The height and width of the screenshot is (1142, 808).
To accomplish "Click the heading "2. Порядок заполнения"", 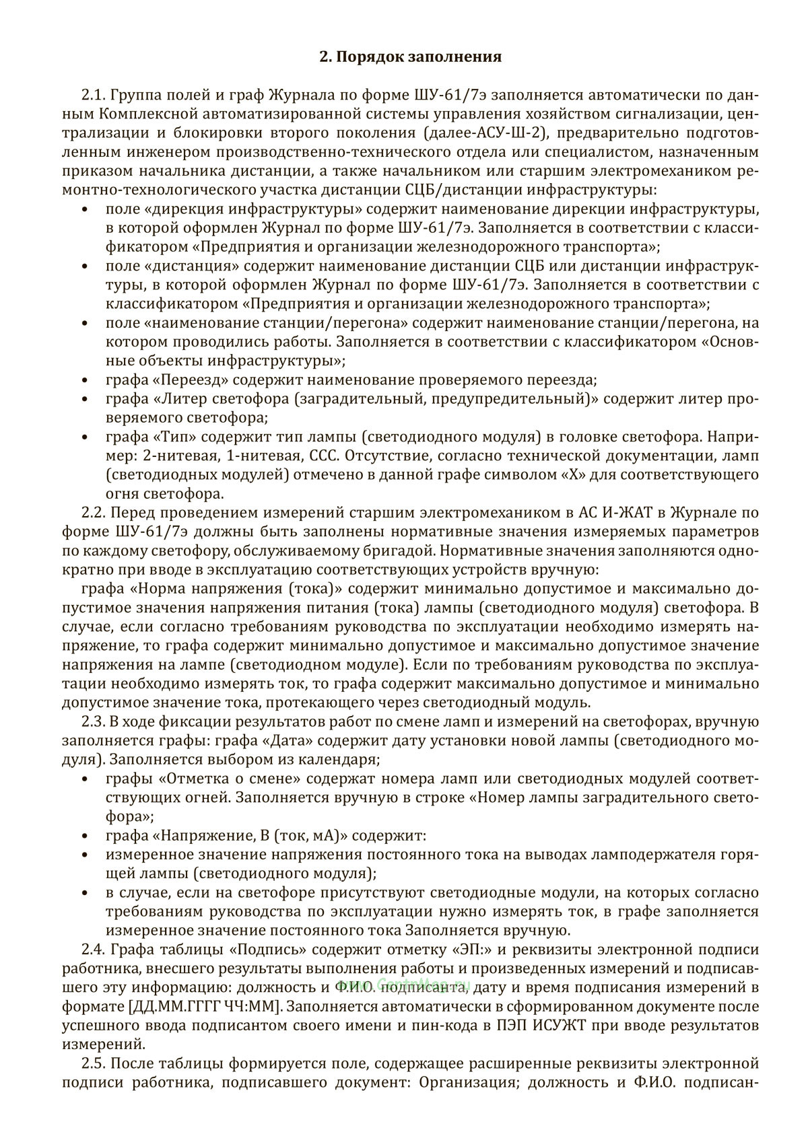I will coord(410,57).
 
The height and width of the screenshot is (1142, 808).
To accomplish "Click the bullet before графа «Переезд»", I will coord(84,380).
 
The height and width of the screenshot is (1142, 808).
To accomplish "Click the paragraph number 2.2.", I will coord(94,513).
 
